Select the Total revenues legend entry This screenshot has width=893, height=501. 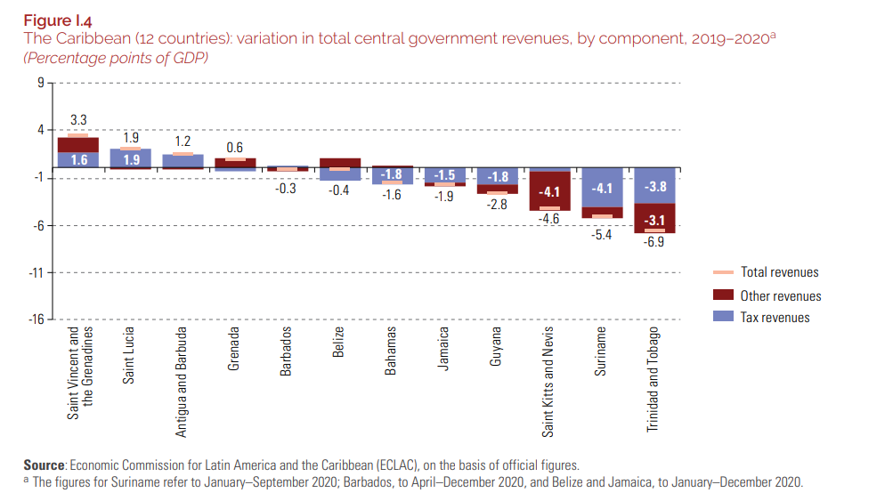coord(779,272)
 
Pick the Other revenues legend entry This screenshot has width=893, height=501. coord(780,295)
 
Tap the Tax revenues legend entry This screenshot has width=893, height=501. coord(775,318)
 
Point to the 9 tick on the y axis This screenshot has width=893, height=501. coord(40,83)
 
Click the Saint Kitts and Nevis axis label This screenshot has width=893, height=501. coord(548,381)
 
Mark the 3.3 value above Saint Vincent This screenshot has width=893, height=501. coord(78,119)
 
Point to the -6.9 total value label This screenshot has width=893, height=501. coord(654,242)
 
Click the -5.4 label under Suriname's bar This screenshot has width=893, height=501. coord(602,235)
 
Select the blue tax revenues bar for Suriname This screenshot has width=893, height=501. coord(602,188)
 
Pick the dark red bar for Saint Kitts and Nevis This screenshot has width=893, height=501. coord(549,190)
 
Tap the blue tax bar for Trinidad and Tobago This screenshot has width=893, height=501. coord(654,186)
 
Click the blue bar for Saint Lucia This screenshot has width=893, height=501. coord(130,158)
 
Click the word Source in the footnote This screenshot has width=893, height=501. coord(45,465)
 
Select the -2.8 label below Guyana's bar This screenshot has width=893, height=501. coord(497,205)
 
